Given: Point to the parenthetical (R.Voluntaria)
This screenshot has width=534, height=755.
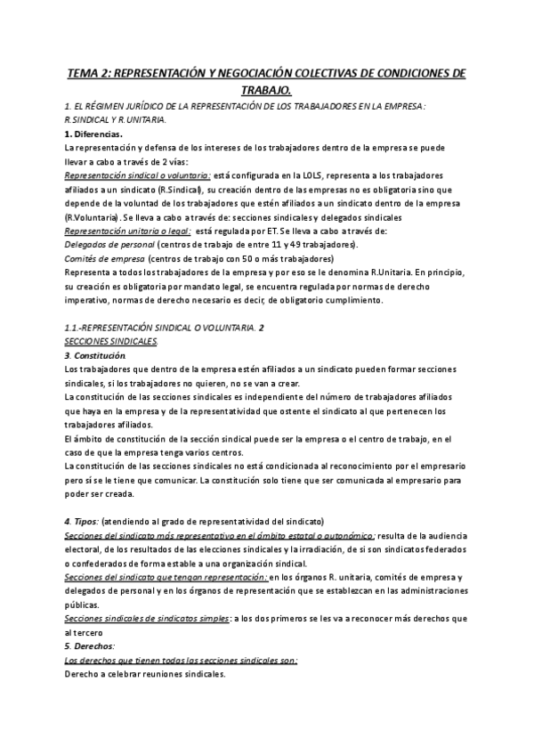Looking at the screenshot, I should click(93, 217).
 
